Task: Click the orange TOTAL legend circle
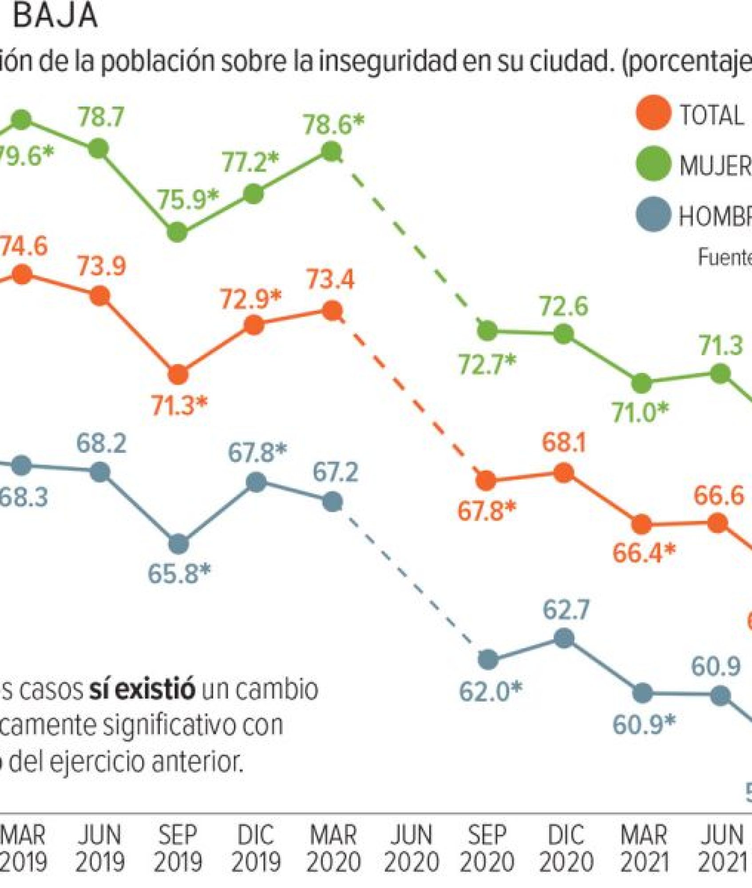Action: [653, 113]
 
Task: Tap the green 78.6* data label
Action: [333, 124]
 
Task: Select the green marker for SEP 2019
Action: [177, 232]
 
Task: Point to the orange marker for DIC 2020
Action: [563, 473]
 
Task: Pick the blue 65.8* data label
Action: [179, 574]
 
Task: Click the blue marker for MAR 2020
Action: [332, 502]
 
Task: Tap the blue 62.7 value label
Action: [566, 610]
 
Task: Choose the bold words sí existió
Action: [142, 689]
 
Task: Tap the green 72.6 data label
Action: [563, 306]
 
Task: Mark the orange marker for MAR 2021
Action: [641, 524]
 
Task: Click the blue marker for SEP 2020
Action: [488, 659]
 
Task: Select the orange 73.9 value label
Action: [102, 266]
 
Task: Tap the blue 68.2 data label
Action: [101, 443]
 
